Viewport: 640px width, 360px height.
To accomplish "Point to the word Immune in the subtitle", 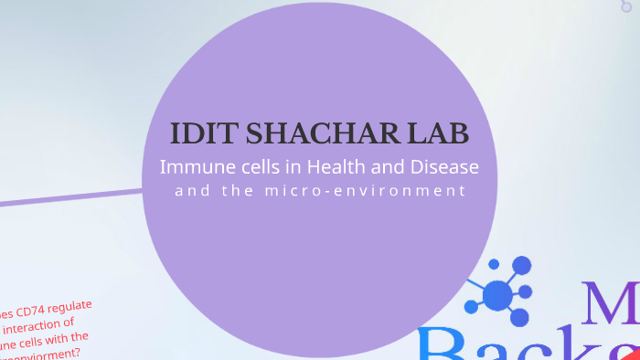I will [194, 168].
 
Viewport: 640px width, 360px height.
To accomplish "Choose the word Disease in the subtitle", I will [442, 168].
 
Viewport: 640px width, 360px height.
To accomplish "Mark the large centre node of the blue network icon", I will [497, 295].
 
